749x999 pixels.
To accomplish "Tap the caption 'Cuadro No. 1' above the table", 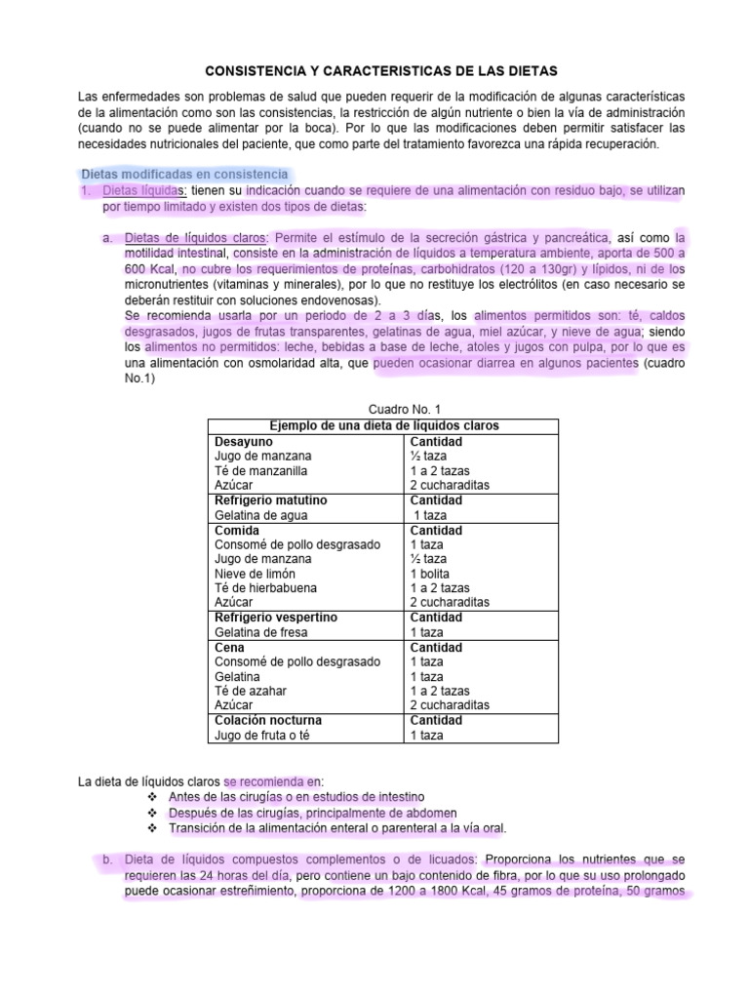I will click(381, 410).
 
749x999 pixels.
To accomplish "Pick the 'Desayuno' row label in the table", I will click(243, 441).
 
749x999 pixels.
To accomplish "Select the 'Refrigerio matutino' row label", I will click(270, 500).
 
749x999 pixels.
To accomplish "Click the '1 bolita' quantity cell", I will click(431, 574).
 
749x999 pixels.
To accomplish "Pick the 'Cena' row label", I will click(230, 647).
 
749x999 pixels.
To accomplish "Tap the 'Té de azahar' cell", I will click(250, 691).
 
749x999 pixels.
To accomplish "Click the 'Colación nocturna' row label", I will click(267, 720).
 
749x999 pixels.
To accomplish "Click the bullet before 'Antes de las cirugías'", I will click(151, 797).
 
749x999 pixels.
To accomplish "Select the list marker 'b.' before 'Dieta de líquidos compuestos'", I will click(103, 859).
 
